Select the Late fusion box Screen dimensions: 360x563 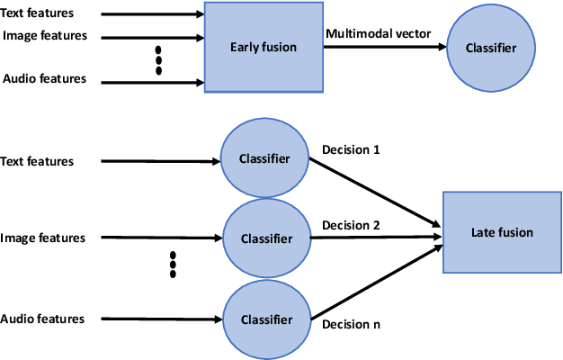[x=502, y=232]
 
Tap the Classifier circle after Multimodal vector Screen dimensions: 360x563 [x=490, y=48]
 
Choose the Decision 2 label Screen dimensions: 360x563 [x=351, y=225]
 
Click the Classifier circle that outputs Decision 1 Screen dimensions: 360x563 [x=264, y=159]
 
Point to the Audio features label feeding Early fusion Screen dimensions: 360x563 [x=45, y=78]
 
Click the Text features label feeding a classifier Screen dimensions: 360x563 [x=38, y=162]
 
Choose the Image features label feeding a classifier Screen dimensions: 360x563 [x=44, y=238]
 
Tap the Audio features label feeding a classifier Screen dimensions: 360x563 [x=43, y=319]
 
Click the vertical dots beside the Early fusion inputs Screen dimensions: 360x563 [x=159, y=58]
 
